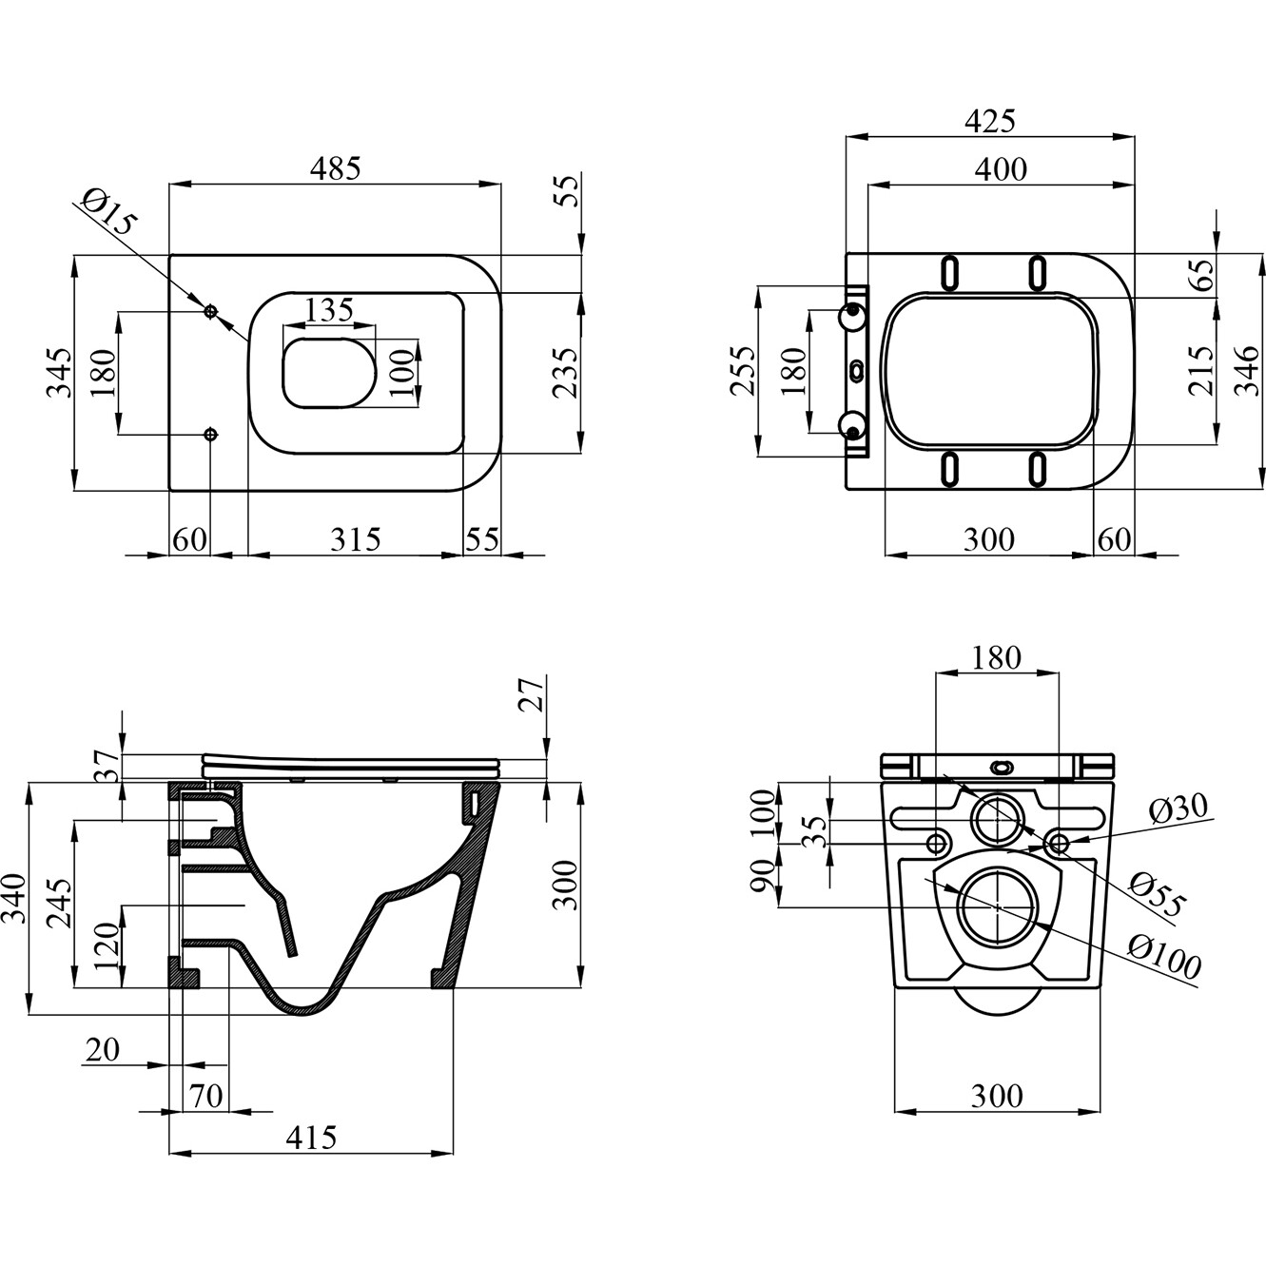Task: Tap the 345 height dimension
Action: [x=59, y=373]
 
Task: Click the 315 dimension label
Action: [x=355, y=539]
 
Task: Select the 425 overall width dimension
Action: [x=989, y=121]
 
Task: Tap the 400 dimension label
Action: [x=1001, y=168]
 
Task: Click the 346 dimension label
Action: [x=1248, y=371]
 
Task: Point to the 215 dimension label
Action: [x=1200, y=371]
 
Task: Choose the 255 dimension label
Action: [x=743, y=371]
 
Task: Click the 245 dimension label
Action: [x=59, y=904]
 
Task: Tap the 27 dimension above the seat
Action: [x=534, y=693]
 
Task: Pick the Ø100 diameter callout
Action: [x=1164, y=955]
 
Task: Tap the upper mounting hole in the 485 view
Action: [x=211, y=311]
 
